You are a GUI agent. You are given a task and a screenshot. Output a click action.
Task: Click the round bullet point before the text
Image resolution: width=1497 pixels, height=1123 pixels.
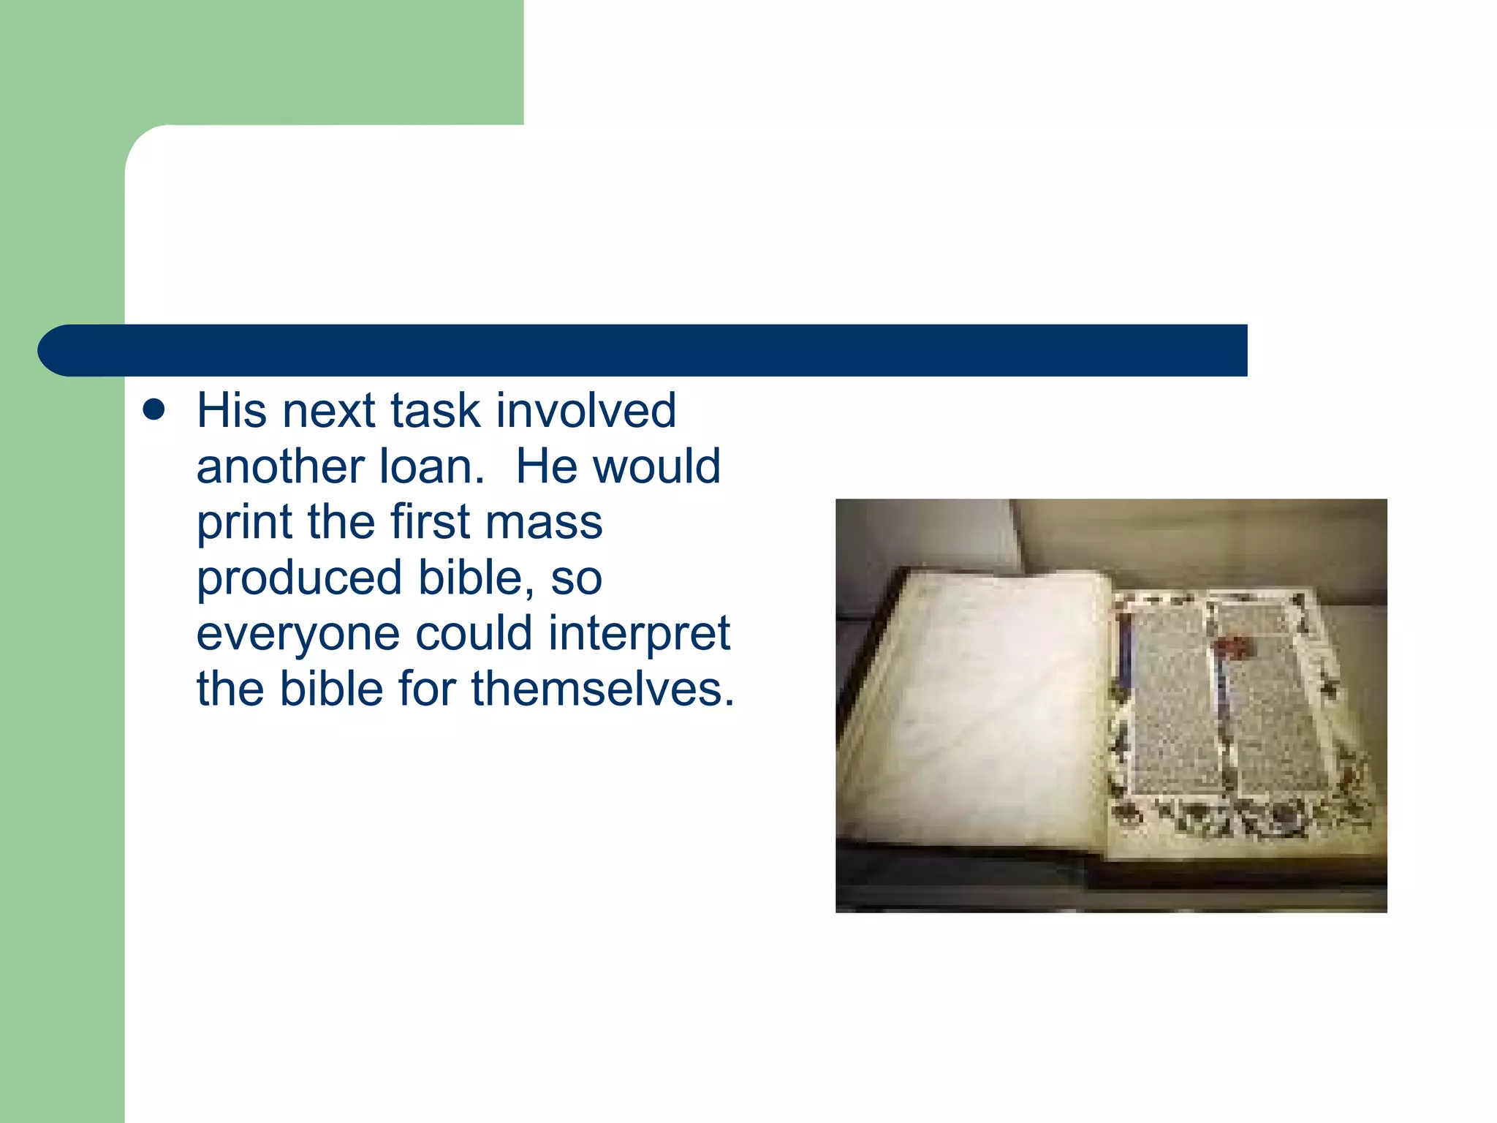(x=154, y=410)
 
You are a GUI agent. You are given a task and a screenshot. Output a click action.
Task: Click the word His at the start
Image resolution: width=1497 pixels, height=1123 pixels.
(x=232, y=411)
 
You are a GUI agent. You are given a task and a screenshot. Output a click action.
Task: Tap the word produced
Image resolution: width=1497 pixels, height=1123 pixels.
(x=299, y=579)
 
